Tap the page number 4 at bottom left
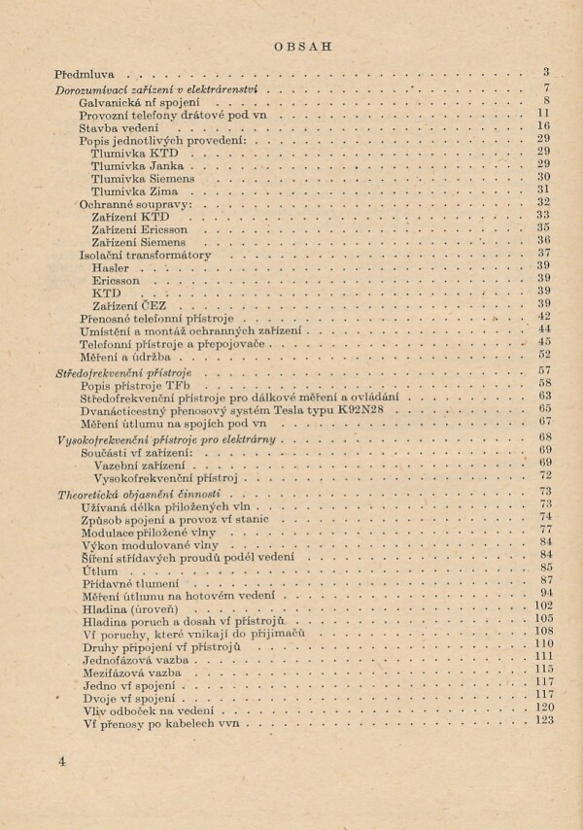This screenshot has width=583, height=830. click(x=61, y=761)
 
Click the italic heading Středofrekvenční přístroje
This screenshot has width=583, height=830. click(x=124, y=371)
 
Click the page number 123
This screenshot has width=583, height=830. click(x=543, y=721)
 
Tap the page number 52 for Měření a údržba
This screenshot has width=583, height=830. click(x=544, y=356)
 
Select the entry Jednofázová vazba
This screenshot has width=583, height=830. click(x=132, y=658)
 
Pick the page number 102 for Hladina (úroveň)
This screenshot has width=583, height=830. click(x=543, y=606)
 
